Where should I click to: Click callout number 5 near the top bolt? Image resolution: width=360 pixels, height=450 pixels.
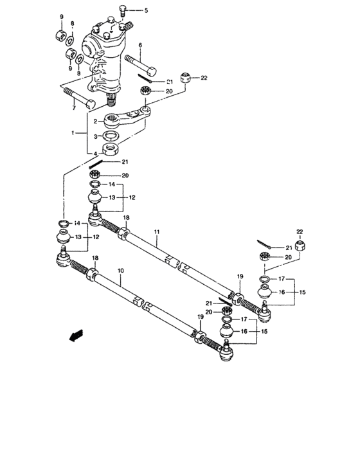point(145,11)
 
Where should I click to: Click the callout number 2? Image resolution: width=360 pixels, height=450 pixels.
point(94,122)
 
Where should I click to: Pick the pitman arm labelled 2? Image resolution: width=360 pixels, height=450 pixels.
point(132,119)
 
